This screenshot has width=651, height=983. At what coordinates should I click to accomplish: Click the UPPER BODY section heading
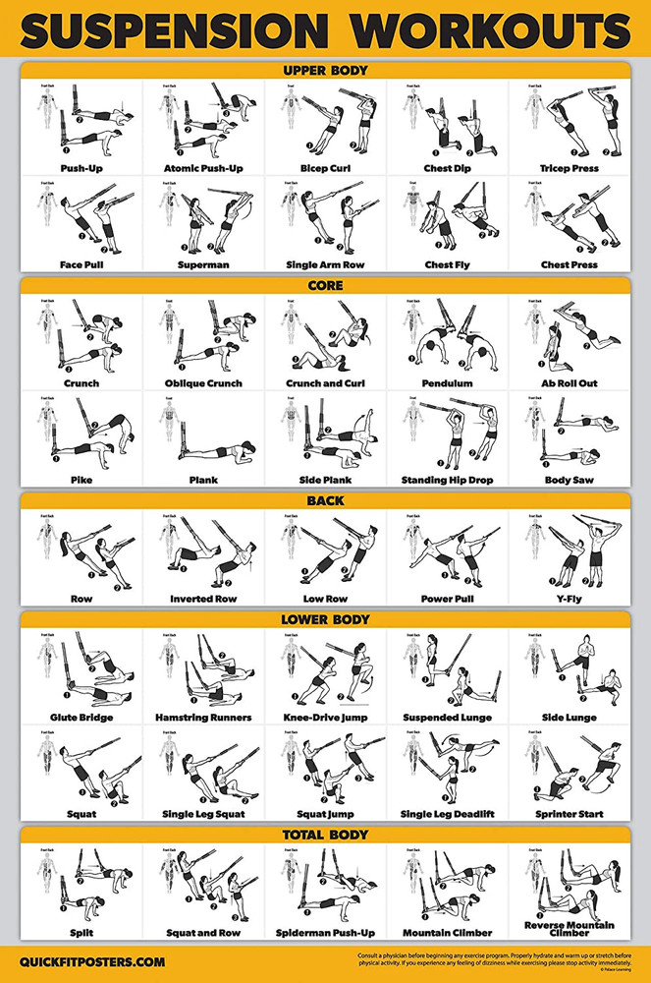tap(325, 71)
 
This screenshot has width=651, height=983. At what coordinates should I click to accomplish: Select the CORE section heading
tap(325, 286)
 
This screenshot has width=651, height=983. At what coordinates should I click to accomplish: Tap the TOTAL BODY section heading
tap(325, 835)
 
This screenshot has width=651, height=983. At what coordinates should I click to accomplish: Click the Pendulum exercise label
tap(448, 383)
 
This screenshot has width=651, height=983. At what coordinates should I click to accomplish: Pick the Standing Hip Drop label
tap(448, 481)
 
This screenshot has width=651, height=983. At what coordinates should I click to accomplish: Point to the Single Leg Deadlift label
tap(448, 814)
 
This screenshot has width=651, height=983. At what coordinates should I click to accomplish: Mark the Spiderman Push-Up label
tap(324, 932)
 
